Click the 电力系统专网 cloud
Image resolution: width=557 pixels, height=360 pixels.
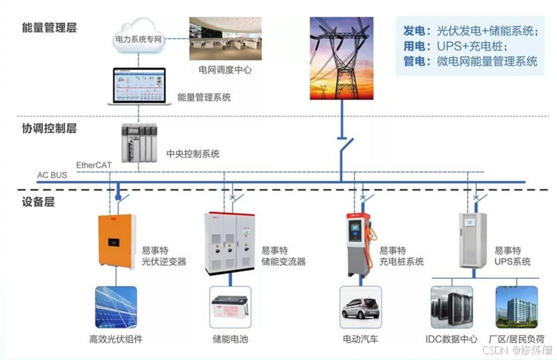click(139, 40)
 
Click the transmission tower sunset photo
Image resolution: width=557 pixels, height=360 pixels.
click(341, 58)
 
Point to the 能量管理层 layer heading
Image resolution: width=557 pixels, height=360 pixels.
click(49, 28)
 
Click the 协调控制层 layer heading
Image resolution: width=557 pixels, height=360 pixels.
click(49, 129)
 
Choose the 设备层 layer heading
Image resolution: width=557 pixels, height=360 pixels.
click(38, 202)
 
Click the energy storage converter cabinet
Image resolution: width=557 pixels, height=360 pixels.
click(231, 243)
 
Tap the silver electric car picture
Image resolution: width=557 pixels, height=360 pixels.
click(361, 306)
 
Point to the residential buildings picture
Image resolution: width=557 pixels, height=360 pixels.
click(516, 306)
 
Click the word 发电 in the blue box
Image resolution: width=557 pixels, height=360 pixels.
click(414, 31)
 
